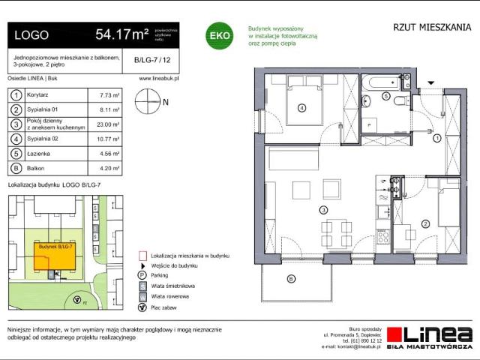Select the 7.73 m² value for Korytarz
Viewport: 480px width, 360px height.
tap(109, 95)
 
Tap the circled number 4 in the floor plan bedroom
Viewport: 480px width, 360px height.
tap(301, 108)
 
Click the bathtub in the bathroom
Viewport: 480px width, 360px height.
tap(383, 84)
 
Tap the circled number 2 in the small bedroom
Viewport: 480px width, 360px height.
tap(424, 223)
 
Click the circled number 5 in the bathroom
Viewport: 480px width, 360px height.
tap(385, 97)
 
